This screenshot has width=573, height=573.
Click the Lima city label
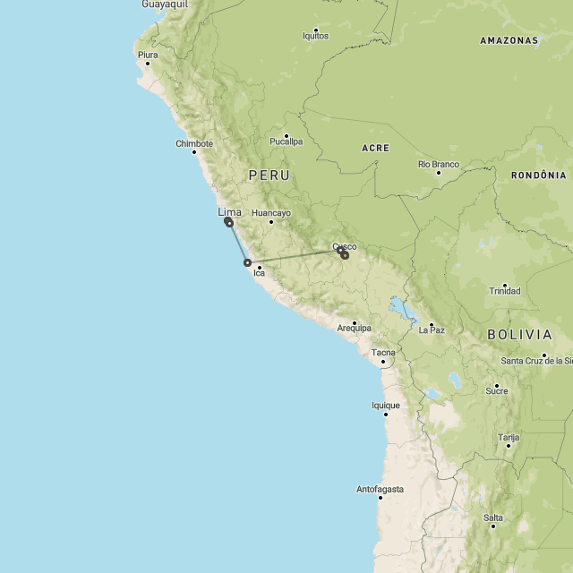pos(229,212)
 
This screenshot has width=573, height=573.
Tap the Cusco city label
pos(345,246)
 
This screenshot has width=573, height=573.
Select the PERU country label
pos(269,175)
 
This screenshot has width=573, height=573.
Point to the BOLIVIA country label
pos(519,334)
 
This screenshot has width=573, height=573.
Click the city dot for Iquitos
pos(315,29)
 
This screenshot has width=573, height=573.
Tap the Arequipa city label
pos(354,329)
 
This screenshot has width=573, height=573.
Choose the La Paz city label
pos(432,330)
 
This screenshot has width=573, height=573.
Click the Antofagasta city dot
pos(380,498)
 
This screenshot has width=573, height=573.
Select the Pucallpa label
pos(286,141)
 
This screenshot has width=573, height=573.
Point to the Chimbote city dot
pos(193,151)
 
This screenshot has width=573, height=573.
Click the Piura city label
pos(148,55)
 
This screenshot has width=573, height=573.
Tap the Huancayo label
pos(271,213)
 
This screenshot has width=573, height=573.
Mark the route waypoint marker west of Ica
pos(247,262)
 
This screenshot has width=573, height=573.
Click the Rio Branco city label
pos(439,165)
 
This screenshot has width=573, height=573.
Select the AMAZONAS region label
pos(509,40)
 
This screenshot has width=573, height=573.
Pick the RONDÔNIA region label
pos(539,175)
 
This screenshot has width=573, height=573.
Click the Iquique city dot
pos(386,414)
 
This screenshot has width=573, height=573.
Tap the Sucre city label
pos(496,390)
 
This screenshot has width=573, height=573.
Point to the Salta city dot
pos(493,526)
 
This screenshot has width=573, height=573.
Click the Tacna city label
pos(383,353)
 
